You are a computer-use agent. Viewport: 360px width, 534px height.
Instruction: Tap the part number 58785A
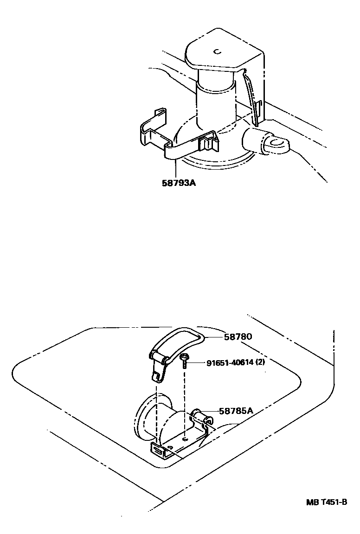pyautogui.click(x=236, y=411)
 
